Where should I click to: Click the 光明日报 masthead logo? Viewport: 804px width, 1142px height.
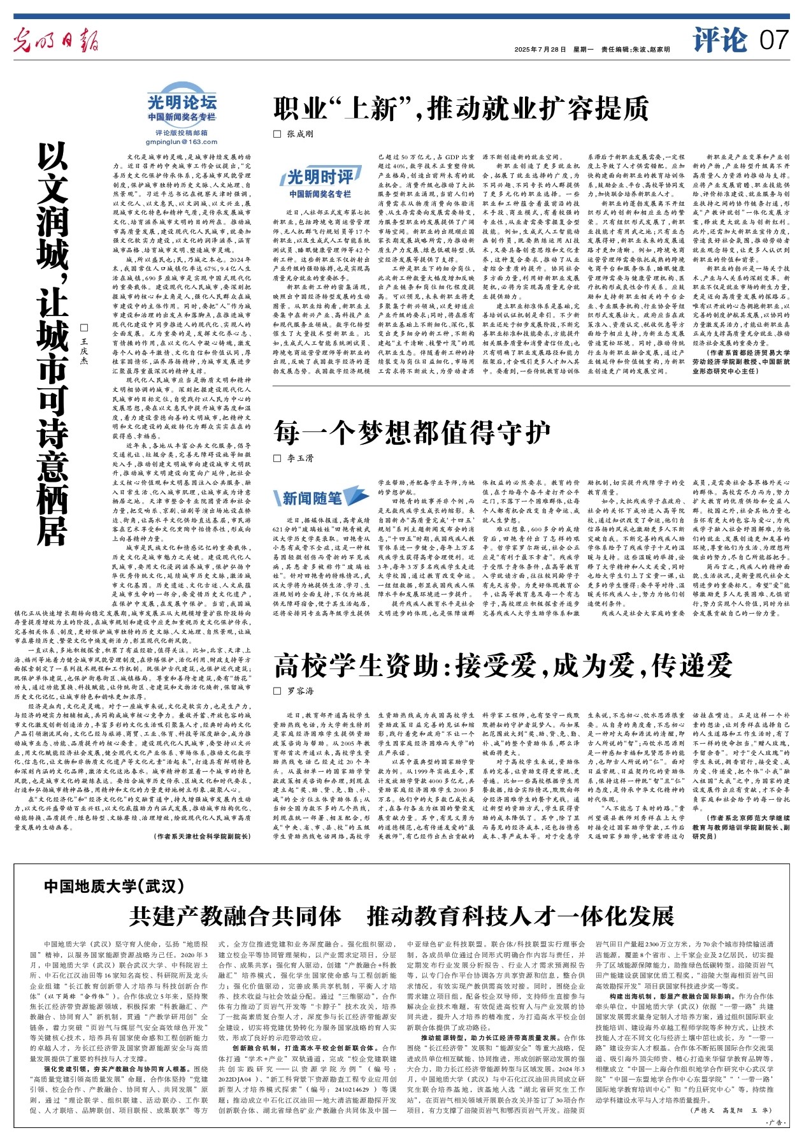[x=57, y=40]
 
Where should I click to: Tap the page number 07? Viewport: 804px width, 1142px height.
[x=774, y=41]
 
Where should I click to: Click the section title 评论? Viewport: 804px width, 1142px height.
[x=720, y=40]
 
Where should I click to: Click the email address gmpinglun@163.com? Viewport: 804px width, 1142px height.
[x=182, y=142]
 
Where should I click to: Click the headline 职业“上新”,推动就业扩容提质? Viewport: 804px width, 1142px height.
[x=461, y=109]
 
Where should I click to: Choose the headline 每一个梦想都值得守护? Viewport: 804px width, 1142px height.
[x=412, y=433]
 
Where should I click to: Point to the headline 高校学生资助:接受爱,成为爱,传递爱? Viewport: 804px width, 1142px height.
[x=503, y=666]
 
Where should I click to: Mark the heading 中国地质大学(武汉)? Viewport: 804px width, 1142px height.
[x=114, y=886]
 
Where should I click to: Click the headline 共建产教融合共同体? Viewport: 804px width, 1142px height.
[x=235, y=916]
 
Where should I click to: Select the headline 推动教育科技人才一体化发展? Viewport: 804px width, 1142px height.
[x=520, y=916]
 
